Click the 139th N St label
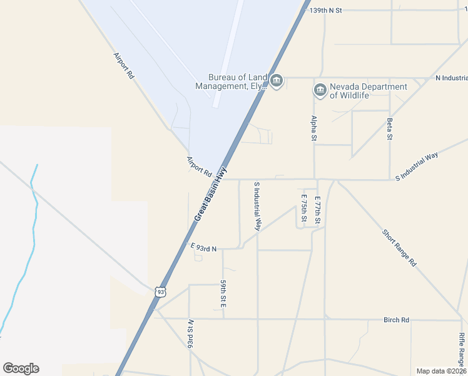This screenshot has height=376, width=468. pyautogui.click(x=327, y=11)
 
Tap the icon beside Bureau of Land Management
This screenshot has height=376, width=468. pyautogui.click(x=277, y=81)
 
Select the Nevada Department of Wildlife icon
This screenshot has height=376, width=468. pyautogui.click(x=320, y=91)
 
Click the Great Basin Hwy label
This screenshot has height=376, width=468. pyautogui.click(x=210, y=194)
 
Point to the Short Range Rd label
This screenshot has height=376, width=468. pyautogui.click(x=399, y=248)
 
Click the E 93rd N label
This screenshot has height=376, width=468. pyautogui.click(x=203, y=249)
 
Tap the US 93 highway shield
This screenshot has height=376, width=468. pyautogui.click(x=161, y=291)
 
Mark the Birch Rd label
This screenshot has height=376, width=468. pyautogui.click(x=396, y=320)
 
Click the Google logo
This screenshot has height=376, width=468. pyautogui.click(x=21, y=368)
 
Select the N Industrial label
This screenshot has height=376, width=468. pyautogui.click(x=451, y=78)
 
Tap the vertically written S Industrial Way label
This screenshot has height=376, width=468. pyautogui.click(x=257, y=207)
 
